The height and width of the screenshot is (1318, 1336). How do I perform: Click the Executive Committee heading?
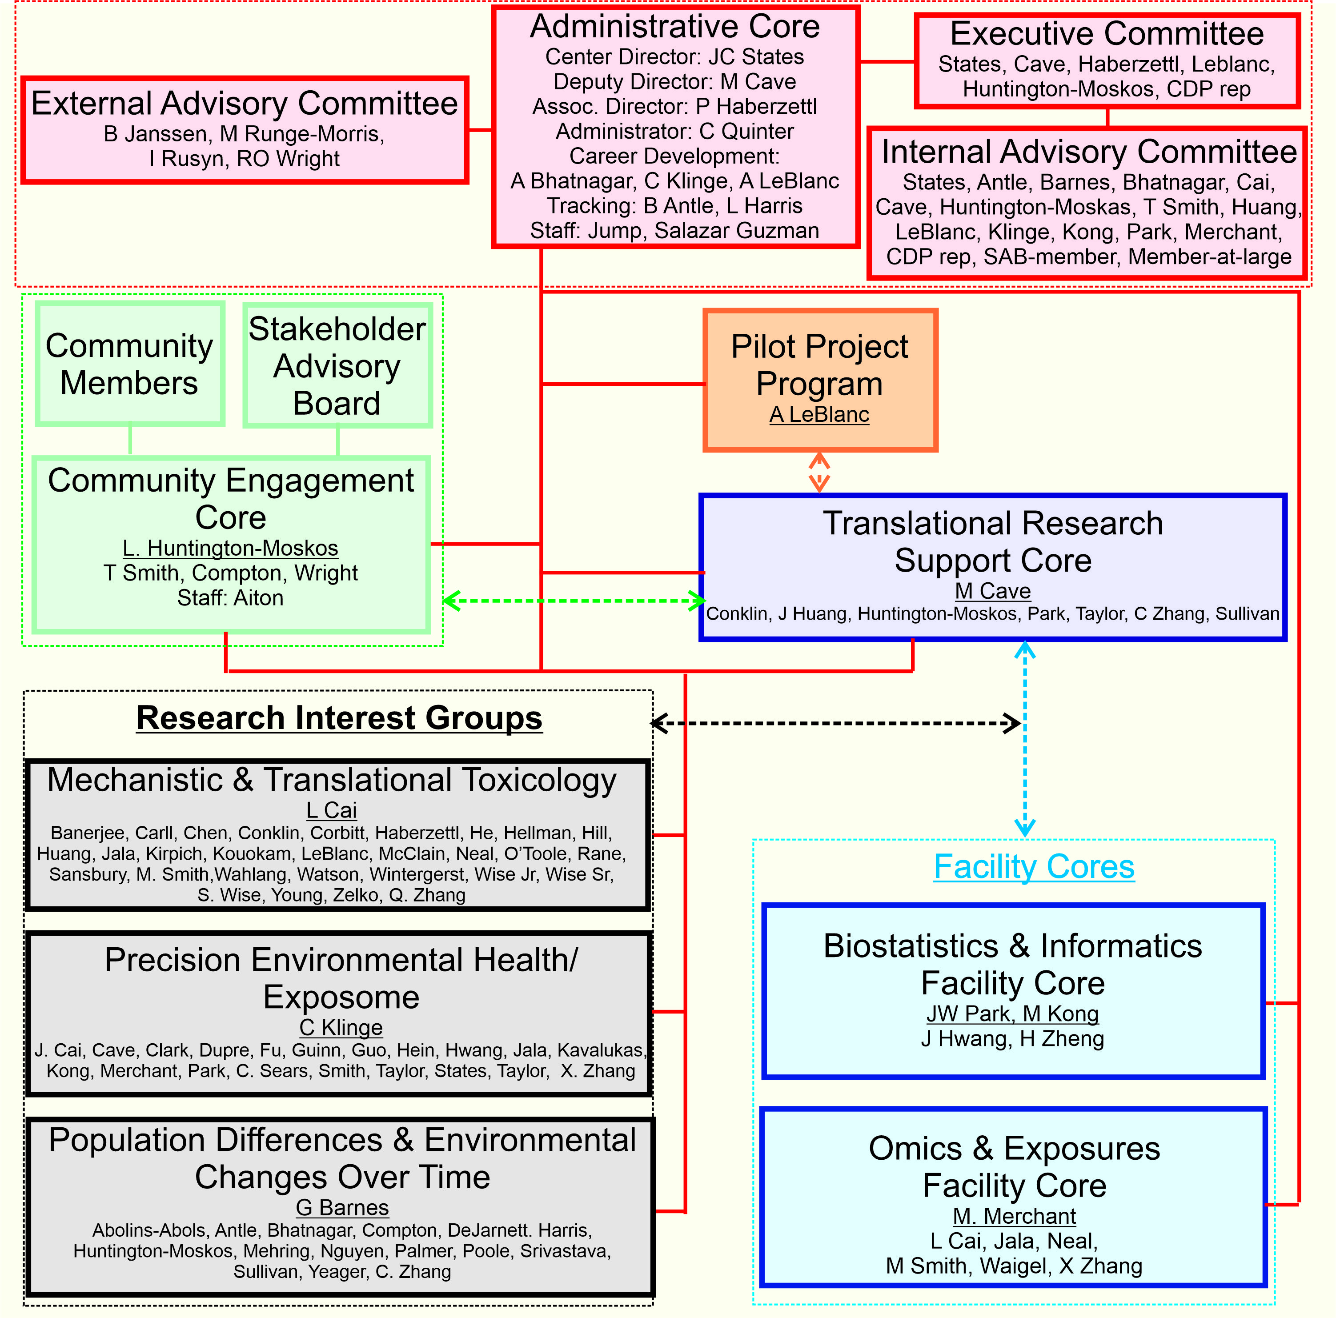[1107, 33]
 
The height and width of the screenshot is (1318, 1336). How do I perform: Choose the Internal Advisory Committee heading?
[1088, 152]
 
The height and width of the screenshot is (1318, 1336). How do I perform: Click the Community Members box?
[129, 364]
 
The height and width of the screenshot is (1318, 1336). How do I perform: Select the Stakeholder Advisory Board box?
[337, 365]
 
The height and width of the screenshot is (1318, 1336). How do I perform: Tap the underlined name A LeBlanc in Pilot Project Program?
[819, 414]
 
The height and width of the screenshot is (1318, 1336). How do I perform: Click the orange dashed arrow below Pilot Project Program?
[819, 472]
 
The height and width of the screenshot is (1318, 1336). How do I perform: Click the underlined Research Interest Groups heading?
[339, 718]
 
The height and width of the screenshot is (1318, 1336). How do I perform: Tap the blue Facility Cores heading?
[1033, 866]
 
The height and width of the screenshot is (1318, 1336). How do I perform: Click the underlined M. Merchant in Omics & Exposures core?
[1014, 1216]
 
